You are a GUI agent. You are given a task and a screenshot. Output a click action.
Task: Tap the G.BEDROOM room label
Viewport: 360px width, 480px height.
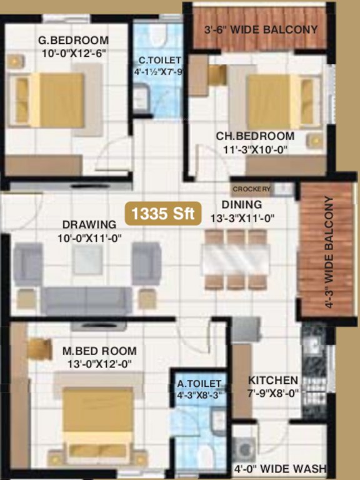pyautogui.click(x=73, y=41)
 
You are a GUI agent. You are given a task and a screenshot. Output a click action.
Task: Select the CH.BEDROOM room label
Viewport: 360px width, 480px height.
pyautogui.click(x=255, y=136)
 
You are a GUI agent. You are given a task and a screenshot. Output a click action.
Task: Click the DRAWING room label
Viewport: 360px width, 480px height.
pyautogui.click(x=89, y=224)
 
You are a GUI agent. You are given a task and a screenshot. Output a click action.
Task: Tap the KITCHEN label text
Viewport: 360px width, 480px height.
pyautogui.click(x=273, y=380)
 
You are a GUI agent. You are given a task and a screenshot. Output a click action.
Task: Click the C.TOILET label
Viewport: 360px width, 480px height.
pyautogui.click(x=160, y=60)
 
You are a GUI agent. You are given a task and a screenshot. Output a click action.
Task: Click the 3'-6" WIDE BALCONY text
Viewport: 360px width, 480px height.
pyautogui.click(x=261, y=29)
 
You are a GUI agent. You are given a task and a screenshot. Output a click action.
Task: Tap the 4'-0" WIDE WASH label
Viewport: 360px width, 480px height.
pyautogui.click(x=280, y=468)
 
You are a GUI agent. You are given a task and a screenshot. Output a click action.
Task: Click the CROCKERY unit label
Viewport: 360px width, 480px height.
pyautogui.click(x=251, y=189)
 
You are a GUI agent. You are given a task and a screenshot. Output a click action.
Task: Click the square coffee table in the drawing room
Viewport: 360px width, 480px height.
pyautogui.click(x=87, y=259)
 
